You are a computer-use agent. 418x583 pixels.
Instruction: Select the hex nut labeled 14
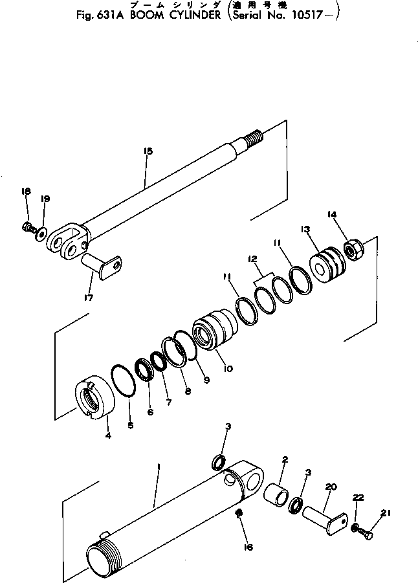pos(353,249)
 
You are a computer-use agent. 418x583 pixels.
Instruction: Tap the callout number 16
pos(248,546)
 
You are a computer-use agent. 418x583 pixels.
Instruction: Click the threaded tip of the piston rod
pos(254,137)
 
